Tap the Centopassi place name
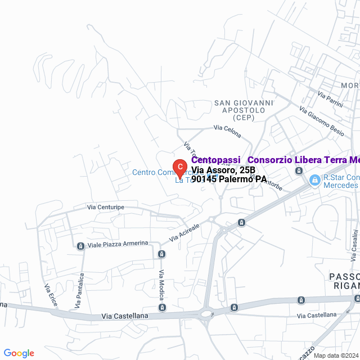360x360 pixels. pyautogui.click(x=215, y=160)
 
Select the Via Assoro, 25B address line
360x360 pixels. pyautogui.click(x=223, y=170)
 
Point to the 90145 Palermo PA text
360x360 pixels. pyautogui.click(x=228, y=179)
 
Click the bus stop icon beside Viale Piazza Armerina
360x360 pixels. pyautogui.click(x=80, y=246)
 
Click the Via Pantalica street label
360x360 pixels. pyautogui.click(x=80, y=291)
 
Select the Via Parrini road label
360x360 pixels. pyautogui.click(x=330, y=100)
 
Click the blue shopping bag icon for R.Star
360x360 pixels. pyautogui.click(x=315, y=180)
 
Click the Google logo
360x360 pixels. pyautogui.click(x=19, y=353)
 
